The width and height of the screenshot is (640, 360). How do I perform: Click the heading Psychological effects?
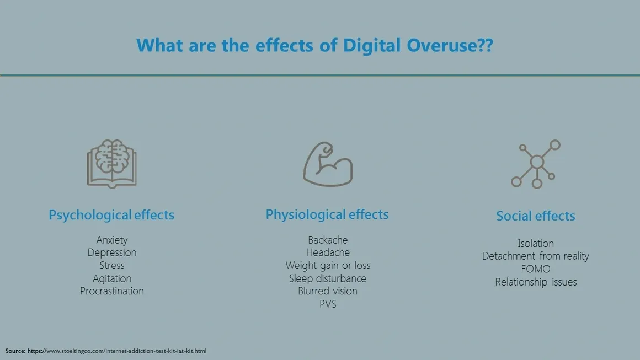click(111, 215)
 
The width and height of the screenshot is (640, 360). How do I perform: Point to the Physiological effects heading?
click(327, 214)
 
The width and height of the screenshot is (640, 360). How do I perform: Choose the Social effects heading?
click(536, 216)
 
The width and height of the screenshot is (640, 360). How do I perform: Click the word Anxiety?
click(112, 240)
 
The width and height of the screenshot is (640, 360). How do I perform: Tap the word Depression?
click(112, 253)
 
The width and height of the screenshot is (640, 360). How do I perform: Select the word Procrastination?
click(112, 291)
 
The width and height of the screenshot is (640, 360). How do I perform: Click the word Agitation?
click(112, 278)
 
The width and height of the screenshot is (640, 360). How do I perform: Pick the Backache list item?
click(328, 240)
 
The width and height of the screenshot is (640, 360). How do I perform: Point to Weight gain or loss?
click(328, 266)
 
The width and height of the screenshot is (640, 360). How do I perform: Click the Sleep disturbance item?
click(328, 278)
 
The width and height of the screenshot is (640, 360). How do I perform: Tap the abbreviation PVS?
click(328, 304)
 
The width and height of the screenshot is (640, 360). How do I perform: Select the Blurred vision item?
click(328, 291)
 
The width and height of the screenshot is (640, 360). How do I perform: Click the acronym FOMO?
click(536, 269)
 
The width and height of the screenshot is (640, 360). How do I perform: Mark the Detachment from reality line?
click(536, 256)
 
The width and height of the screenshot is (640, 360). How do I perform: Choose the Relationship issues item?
click(536, 282)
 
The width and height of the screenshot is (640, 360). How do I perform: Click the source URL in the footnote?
click(117, 351)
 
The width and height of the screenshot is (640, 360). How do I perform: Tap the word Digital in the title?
click(371, 45)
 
